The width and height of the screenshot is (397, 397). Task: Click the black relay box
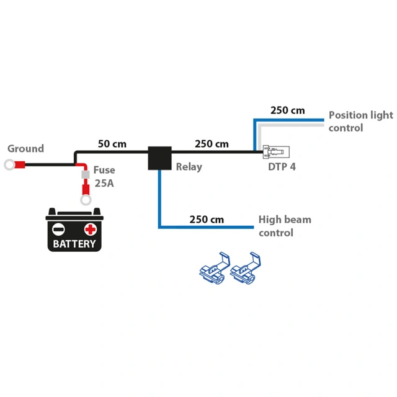pyautogui.click(x=159, y=158)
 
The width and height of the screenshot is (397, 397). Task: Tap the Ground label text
pyautogui.click(x=25, y=149)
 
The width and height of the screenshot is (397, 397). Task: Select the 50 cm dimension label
pyautogui.click(x=112, y=144)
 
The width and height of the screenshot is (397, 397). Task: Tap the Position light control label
pyautogui.click(x=360, y=121)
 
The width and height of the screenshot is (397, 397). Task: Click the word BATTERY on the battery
pyautogui.click(x=74, y=243)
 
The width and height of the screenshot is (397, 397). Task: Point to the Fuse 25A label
pyautogui.click(x=104, y=177)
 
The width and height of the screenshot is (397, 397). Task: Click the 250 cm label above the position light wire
pyautogui.click(x=287, y=110)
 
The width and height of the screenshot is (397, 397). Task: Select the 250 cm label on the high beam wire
pyautogui.click(x=207, y=220)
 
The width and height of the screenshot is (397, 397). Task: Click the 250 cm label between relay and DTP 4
pyautogui.click(x=212, y=144)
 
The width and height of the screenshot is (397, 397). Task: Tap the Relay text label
pyautogui.click(x=189, y=167)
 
